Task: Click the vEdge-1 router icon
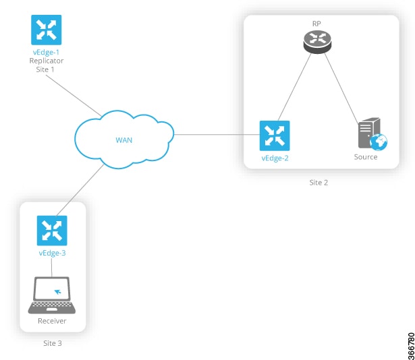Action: [47, 30]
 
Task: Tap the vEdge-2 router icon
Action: [275, 136]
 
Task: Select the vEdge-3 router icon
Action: [52, 231]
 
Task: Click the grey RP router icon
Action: [316, 42]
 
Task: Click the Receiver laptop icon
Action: [52, 295]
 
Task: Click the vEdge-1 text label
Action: [47, 52]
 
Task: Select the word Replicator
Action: [47, 61]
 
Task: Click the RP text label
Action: [316, 23]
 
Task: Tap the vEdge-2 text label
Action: [275, 158]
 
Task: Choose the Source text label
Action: [366, 157]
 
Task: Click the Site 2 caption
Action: [319, 182]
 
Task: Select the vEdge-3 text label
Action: [52, 253]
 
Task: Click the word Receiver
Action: [52, 320]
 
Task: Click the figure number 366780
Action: [410, 344]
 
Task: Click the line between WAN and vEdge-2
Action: [216, 135]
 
